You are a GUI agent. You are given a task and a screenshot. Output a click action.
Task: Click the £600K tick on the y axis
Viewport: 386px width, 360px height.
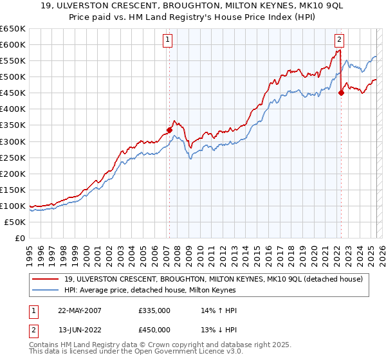tap(14, 44)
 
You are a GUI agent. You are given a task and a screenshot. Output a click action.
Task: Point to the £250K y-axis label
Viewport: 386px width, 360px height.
tap(14, 157)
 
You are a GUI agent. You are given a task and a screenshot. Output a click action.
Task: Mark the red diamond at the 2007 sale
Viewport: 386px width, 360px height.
tap(170, 130)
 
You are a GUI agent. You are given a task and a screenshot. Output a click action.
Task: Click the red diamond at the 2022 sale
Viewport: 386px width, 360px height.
tap(341, 93)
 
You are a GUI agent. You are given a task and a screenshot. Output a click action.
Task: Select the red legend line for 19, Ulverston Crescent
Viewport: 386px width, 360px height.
tap(46, 279)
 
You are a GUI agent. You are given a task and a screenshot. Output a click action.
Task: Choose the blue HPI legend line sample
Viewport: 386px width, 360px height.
tap(46, 291)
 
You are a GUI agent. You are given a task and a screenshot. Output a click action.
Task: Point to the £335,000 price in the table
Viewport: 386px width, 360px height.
tap(154, 310)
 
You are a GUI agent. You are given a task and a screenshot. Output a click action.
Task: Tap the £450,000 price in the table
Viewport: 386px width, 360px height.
tap(154, 330)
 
